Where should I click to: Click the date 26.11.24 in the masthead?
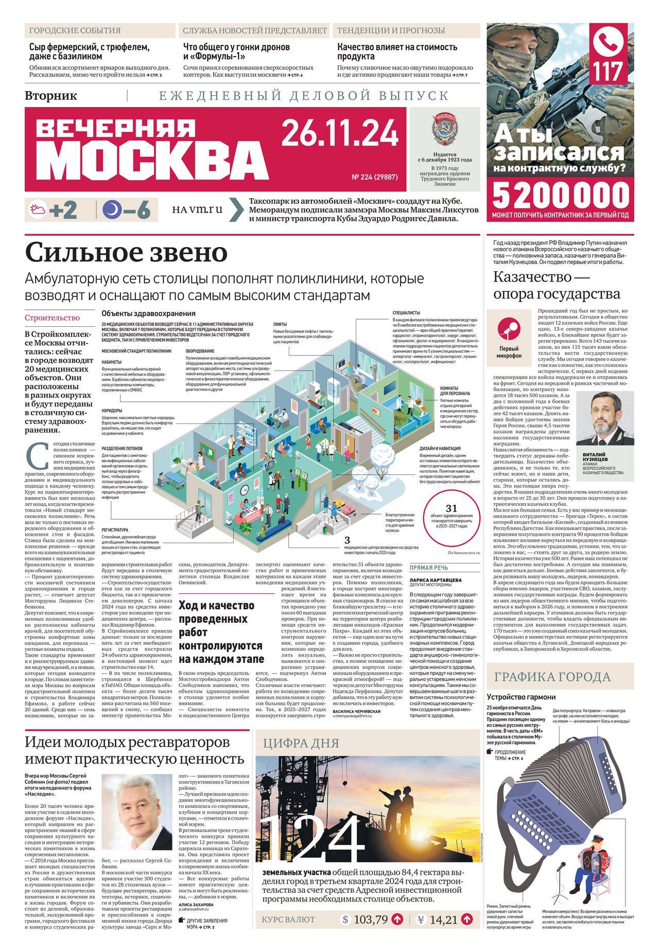click(339, 132)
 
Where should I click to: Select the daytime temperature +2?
click(63, 210)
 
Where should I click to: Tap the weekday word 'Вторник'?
click(51, 95)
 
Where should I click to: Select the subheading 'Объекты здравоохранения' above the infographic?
click(149, 313)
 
